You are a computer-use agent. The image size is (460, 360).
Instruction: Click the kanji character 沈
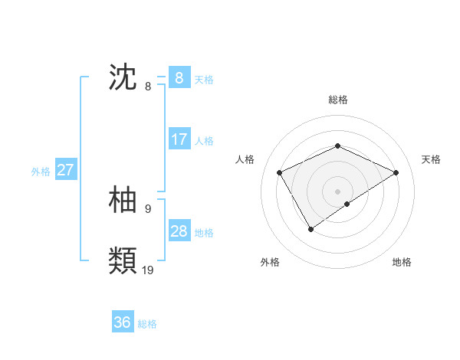[123, 78]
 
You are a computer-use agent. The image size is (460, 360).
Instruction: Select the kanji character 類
[123, 260]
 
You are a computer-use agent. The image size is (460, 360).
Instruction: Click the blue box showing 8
[179, 78]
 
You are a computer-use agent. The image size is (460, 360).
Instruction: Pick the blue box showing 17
[179, 139]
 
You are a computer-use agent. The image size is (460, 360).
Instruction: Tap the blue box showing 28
[179, 231]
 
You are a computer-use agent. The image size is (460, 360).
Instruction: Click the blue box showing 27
[65, 170]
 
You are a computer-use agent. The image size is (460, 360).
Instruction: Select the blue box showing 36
[122, 322]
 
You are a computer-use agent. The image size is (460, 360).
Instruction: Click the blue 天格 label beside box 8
[204, 80]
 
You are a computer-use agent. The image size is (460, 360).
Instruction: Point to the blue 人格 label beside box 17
[204, 141]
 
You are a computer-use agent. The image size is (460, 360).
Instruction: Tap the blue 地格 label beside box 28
[204, 233]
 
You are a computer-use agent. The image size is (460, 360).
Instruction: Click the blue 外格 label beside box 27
[41, 172]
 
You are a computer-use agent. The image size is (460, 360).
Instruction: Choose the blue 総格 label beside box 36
[147, 324]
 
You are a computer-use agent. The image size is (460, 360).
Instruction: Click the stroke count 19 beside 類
[148, 270]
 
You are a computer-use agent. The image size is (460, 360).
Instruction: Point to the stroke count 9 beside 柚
[147, 208]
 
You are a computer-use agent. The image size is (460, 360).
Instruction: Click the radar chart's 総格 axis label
[337, 100]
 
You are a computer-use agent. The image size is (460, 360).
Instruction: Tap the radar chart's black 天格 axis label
[431, 159]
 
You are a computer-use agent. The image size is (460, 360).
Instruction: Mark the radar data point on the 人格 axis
[280, 172]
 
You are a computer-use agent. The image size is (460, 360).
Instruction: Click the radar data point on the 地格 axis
[347, 204]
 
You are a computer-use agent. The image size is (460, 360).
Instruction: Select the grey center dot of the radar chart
[337, 191]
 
